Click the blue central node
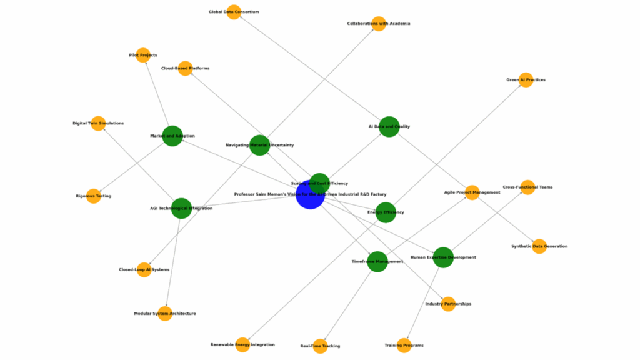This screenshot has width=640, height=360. coord(310,195)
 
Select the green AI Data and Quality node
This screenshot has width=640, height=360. coord(389,127)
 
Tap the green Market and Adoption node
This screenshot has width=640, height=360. coord(172,136)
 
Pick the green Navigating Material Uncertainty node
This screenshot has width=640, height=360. coord(259,145)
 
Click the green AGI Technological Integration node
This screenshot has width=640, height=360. coord(181,208)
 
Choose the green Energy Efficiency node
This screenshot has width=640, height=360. coord(386,212)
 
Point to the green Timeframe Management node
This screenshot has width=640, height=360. coord(377,261)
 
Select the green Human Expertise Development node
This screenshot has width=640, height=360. coord(443,257)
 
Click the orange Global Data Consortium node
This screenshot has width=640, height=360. coord(234,12)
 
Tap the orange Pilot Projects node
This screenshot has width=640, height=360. coord(143,55)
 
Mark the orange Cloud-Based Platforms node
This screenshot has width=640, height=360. coord(185,68)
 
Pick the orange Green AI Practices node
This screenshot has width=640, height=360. coord(526,80)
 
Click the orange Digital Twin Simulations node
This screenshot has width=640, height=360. coord(98,123)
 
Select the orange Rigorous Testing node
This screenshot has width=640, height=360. coord(94,196)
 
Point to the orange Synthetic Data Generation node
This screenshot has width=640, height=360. coord(539,246)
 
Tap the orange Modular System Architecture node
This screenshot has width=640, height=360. coord(165,314)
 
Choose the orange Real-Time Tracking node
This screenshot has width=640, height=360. coord(320,346)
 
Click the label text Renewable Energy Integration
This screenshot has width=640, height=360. coord(242,345)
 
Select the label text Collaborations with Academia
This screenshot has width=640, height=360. coord(379,24)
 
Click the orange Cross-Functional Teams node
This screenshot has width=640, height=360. coord(527,187)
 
